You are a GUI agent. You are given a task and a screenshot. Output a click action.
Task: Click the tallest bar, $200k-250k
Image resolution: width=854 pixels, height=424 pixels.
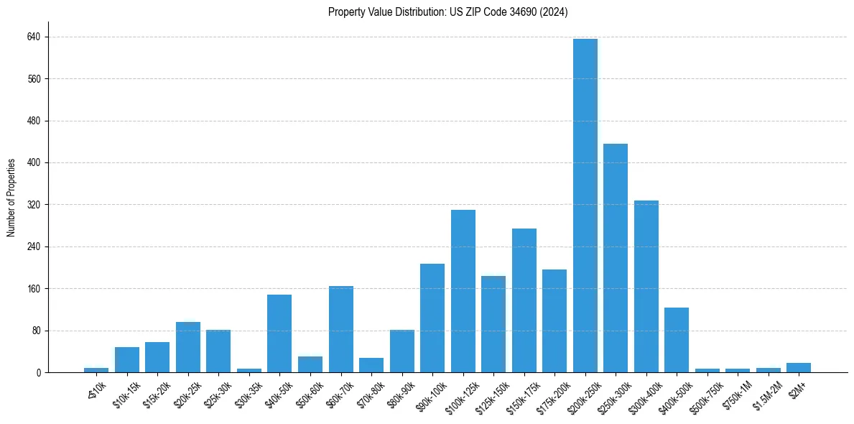pyautogui.click(x=585, y=206)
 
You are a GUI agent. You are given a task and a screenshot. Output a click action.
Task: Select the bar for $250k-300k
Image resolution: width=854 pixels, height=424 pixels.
pyautogui.click(x=616, y=258)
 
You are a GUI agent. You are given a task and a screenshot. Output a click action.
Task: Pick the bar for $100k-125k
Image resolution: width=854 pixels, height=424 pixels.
pyautogui.click(x=463, y=291)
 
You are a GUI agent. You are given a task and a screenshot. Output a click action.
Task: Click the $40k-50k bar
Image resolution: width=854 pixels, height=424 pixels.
pyautogui.click(x=279, y=333)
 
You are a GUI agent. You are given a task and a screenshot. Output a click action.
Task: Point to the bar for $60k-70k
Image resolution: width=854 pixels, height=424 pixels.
pyautogui.click(x=340, y=329)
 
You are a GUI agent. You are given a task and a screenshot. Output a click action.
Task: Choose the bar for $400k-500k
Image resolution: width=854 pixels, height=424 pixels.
pyautogui.click(x=677, y=340)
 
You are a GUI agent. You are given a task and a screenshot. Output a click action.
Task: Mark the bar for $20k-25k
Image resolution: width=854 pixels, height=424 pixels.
pyautogui.click(x=188, y=347)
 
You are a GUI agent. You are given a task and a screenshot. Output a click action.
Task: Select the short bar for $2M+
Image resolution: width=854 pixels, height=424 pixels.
pyautogui.click(x=799, y=368)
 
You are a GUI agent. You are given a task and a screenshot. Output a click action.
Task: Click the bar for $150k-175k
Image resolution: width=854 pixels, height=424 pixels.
pyautogui.click(x=524, y=300)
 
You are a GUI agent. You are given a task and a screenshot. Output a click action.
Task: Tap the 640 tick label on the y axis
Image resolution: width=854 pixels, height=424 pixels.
pyautogui.click(x=34, y=37)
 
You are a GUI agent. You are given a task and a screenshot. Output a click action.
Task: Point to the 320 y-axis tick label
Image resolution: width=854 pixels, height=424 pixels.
pyautogui.click(x=34, y=205)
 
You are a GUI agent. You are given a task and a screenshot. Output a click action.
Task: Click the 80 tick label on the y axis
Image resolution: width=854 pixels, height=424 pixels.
pyautogui.click(x=36, y=331)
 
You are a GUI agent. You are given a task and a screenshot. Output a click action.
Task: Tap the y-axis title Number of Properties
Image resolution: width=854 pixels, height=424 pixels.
pyautogui.click(x=11, y=198)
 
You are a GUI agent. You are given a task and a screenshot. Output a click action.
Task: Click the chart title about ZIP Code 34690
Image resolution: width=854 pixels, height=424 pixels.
pyautogui.click(x=447, y=12)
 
